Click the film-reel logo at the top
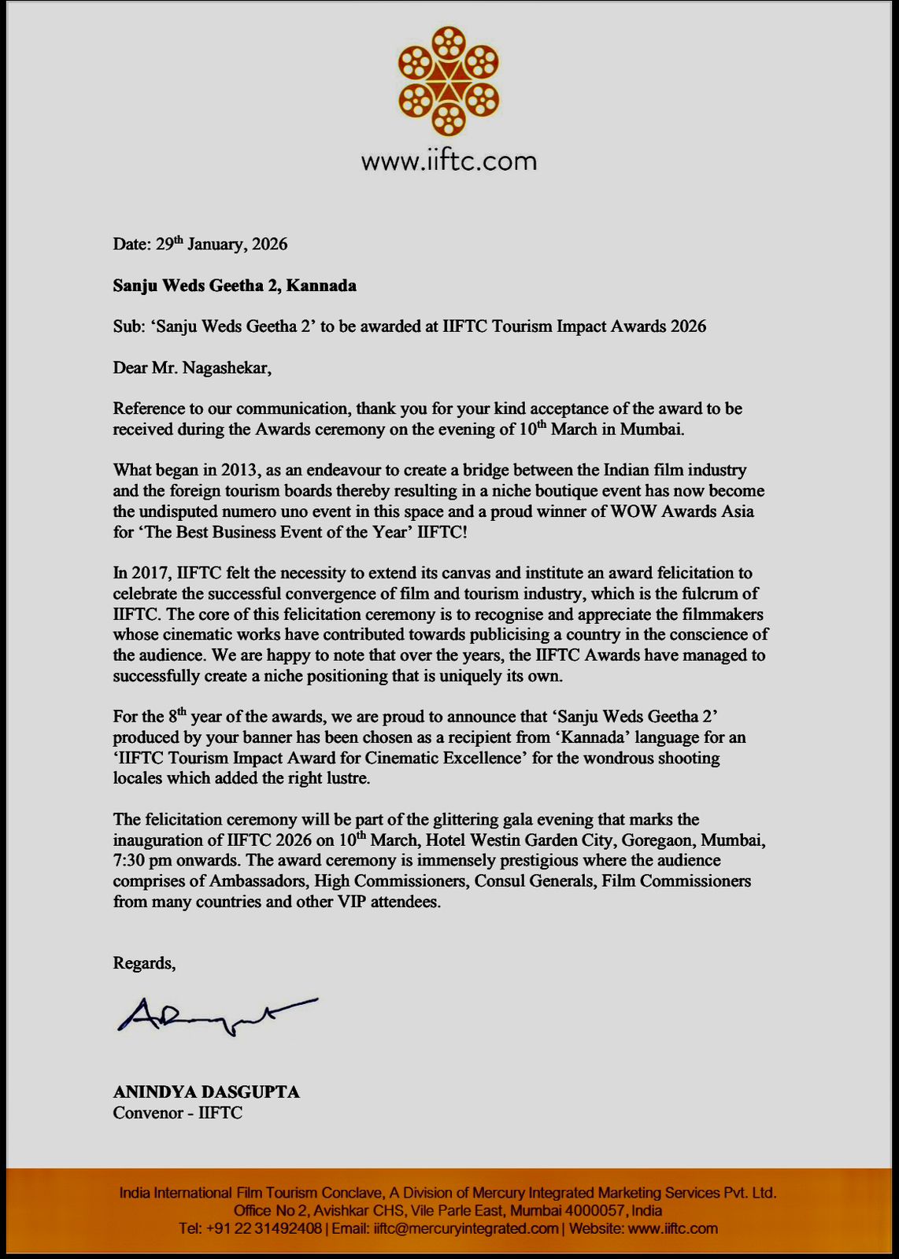coord(449,80)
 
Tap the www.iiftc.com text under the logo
coord(449,161)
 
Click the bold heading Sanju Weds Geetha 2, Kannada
coord(235,286)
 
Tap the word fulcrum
coord(712,593)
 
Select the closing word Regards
coord(143,964)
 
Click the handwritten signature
coord(216,1015)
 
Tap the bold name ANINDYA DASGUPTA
coord(206,1092)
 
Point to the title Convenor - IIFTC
coord(178,1113)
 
